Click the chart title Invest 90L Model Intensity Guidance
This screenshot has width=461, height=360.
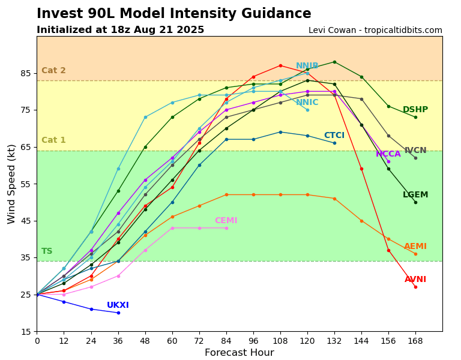tap(174, 14)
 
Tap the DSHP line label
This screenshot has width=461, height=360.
tap(415, 110)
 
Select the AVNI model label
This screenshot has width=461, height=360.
tap(415, 280)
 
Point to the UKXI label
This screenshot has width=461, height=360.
tap(118, 305)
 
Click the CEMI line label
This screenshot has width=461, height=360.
tap(226, 221)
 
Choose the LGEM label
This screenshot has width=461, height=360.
tap(415, 195)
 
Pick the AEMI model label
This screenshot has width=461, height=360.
tap(415, 247)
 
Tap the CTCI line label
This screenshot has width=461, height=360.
tap(334, 136)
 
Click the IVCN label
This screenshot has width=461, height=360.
tap(415, 151)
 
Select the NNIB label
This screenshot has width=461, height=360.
tap(307, 66)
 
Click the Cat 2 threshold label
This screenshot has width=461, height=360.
tap(53, 71)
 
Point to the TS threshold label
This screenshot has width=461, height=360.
tap(47, 251)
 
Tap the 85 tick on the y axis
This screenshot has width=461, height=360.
tap(25, 73)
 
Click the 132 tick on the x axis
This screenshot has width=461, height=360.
tap(334, 341)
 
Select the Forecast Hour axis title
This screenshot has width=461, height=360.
tap(239, 353)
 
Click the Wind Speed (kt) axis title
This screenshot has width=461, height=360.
tap(12, 184)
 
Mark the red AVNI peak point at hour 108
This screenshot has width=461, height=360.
tap(280, 65)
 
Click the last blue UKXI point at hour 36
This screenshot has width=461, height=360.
tap(118, 313)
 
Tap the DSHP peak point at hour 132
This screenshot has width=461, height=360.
tap(334, 62)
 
